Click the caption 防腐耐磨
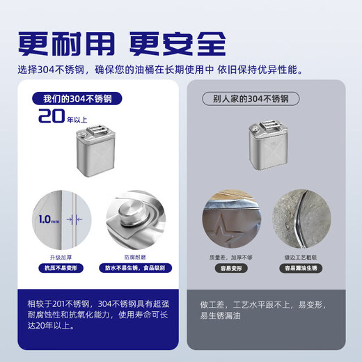pyautogui.click(x=135, y=255)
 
